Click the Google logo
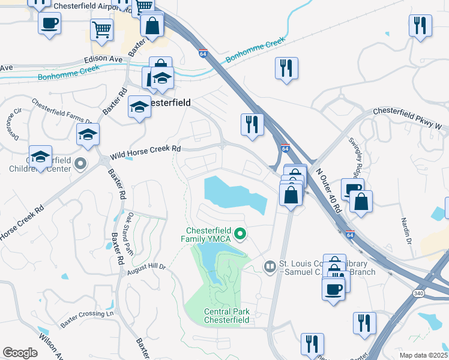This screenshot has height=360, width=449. [x=20, y=353]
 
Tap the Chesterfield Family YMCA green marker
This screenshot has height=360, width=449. [x=240, y=234]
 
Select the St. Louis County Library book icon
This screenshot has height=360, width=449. [x=270, y=266]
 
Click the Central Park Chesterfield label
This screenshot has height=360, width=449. [x=226, y=316]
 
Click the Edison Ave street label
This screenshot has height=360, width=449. [x=102, y=59]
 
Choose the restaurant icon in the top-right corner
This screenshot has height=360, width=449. [x=420, y=26]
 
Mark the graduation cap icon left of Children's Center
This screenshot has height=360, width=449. [x=40, y=157]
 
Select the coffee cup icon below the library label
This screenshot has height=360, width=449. [x=334, y=290]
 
